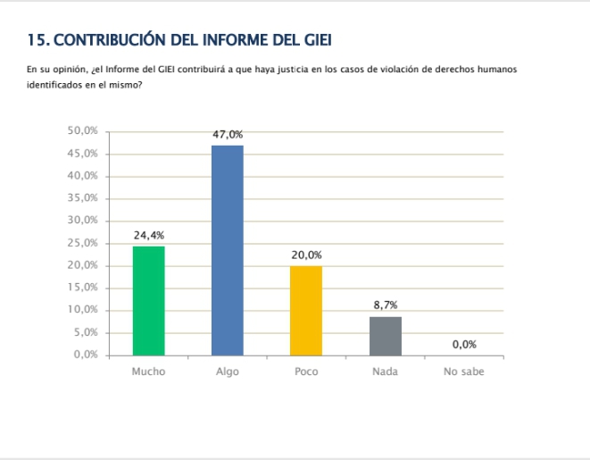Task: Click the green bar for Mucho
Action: [x=148, y=300]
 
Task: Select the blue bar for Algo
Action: [x=227, y=250]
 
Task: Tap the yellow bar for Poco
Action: [x=306, y=310]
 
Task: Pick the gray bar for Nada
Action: [x=385, y=335]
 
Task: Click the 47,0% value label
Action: [x=227, y=134]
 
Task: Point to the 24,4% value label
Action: [x=148, y=235]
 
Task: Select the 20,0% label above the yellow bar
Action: [x=306, y=255]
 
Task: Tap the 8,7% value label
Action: [x=385, y=305]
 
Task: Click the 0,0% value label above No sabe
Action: [x=463, y=344]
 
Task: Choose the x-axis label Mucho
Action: [x=148, y=372]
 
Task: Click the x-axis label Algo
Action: [x=227, y=372]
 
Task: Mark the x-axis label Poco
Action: [x=306, y=372]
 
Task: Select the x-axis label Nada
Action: [x=385, y=372]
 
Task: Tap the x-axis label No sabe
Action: [x=463, y=372]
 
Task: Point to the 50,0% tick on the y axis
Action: [x=82, y=130]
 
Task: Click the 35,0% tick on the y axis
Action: [x=82, y=198]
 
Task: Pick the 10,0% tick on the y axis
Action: [x=82, y=310]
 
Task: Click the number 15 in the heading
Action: [x=36, y=40]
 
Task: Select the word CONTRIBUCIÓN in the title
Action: [x=109, y=40]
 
